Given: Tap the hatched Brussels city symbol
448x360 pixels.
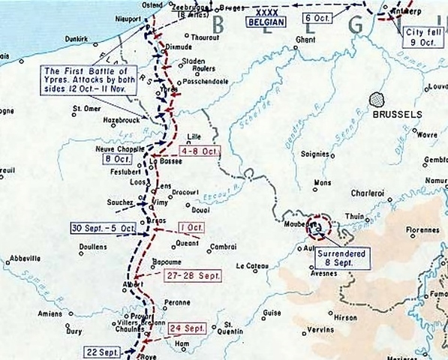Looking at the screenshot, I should [x=377, y=100].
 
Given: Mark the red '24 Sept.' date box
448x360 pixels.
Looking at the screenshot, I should [x=186, y=328].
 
